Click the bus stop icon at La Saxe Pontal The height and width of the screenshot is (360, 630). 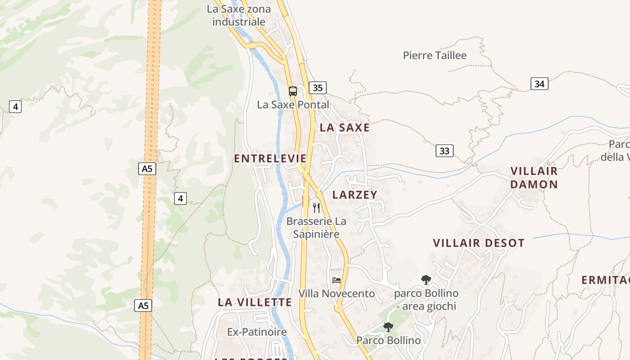[x=293, y=91]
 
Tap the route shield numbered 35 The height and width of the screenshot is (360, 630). [x=317, y=88]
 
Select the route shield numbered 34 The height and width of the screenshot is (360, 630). [x=539, y=84]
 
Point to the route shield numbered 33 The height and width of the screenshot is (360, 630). [x=444, y=151]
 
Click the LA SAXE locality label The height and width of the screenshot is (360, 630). [x=345, y=128]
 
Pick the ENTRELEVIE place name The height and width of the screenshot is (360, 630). [x=270, y=158]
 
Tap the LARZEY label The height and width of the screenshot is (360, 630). [x=355, y=194]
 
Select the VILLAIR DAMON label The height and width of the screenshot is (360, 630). [x=534, y=178]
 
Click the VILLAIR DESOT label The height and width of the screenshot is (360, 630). [x=479, y=243]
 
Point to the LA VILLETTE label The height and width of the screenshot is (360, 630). [x=255, y=302]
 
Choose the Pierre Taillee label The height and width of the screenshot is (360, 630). [x=435, y=55]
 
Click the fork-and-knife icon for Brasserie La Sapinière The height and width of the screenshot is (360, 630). [x=316, y=207]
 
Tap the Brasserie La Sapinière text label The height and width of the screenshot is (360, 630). [x=316, y=228]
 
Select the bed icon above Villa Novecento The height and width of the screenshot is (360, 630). [x=337, y=280]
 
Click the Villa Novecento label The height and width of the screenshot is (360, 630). [x=337, y=294]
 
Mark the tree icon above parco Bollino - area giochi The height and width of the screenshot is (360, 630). [x=426, y=280]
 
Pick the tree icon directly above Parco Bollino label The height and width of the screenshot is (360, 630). [x=388, y=327]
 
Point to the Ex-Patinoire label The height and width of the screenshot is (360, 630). [x=257, y=332]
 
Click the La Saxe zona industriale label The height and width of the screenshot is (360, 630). [x=239, y=15]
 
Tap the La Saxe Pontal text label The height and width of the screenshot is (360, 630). [x=293, y=105]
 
